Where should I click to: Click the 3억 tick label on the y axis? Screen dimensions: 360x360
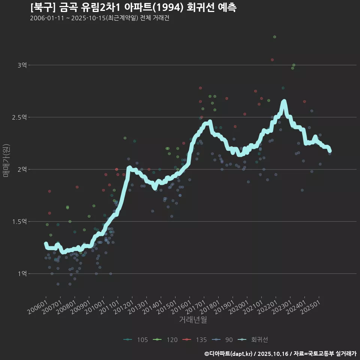point(22,65)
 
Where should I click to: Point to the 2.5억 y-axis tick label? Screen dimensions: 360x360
point(19,117)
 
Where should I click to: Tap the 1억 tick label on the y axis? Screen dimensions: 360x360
point(22,274)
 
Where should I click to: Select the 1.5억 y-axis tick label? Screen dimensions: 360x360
point(19,222)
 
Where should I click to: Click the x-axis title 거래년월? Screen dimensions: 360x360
point(193,320)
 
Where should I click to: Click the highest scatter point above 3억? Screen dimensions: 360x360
point(274,37)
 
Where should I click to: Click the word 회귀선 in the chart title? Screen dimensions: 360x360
point(199,7)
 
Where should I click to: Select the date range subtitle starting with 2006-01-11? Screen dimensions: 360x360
point(99,18)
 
